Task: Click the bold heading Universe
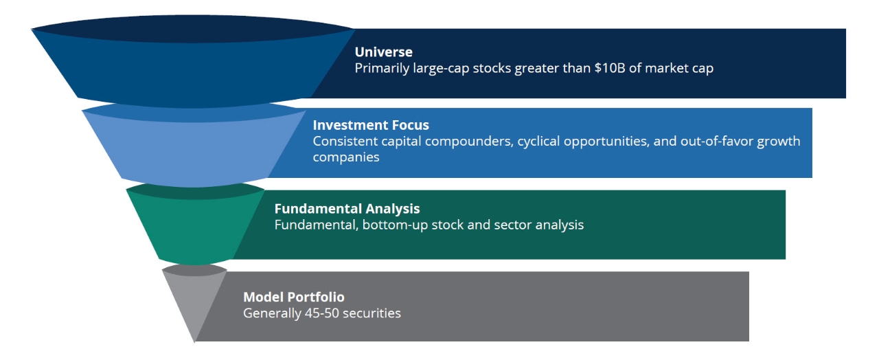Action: (x=383, y=52)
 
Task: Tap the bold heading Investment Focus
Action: (x=371, y=125)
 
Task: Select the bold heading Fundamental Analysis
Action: (x=347, y=208)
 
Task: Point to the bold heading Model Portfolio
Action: (x=293, y=297)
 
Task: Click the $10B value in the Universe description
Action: (x=610, y=68)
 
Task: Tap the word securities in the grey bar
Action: (x=372, y=313)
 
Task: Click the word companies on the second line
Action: (x=345, y=157)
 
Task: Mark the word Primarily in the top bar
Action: (x=382, y=68)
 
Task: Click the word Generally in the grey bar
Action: (x=272, y=313)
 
